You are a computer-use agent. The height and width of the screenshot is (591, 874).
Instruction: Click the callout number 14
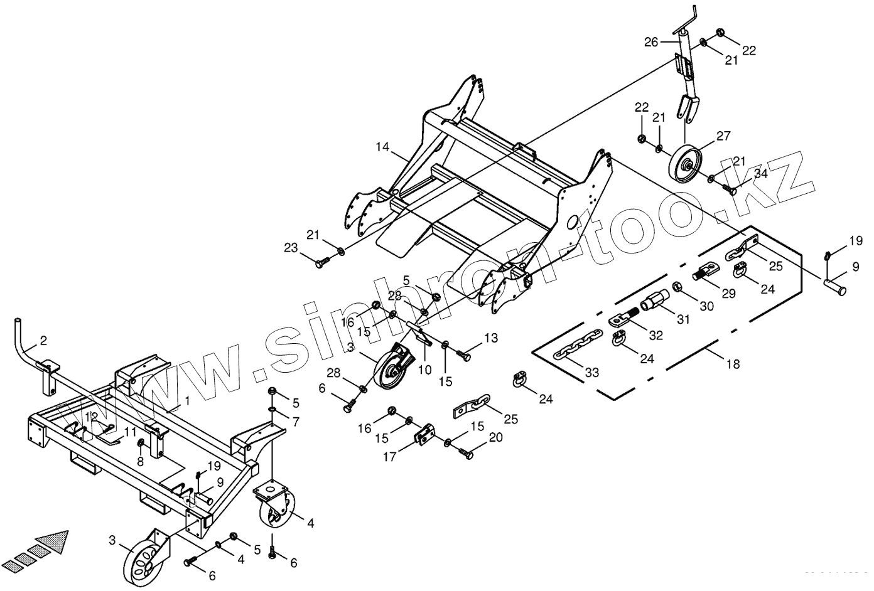(383, 147)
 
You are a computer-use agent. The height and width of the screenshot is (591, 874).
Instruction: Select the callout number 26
(650, 43)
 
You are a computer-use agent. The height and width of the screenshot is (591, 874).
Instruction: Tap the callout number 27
(723, 136)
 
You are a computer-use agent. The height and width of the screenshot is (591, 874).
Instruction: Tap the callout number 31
(683, 319)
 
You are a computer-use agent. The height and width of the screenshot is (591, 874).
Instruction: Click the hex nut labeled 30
(679, 288)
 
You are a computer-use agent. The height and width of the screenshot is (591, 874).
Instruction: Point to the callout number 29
(728, 294)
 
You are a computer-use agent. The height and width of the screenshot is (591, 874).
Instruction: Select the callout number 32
(655, 336)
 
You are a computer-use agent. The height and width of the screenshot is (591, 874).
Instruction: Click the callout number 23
(291, 248)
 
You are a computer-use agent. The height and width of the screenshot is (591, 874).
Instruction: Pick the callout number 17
(390, 457)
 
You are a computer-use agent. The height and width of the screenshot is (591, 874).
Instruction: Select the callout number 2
(43, 341)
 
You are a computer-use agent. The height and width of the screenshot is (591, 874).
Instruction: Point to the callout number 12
(92, 417)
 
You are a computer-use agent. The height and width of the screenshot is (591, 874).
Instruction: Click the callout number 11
(130, 432)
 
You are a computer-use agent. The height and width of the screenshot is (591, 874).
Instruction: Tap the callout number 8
(140, 461)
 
